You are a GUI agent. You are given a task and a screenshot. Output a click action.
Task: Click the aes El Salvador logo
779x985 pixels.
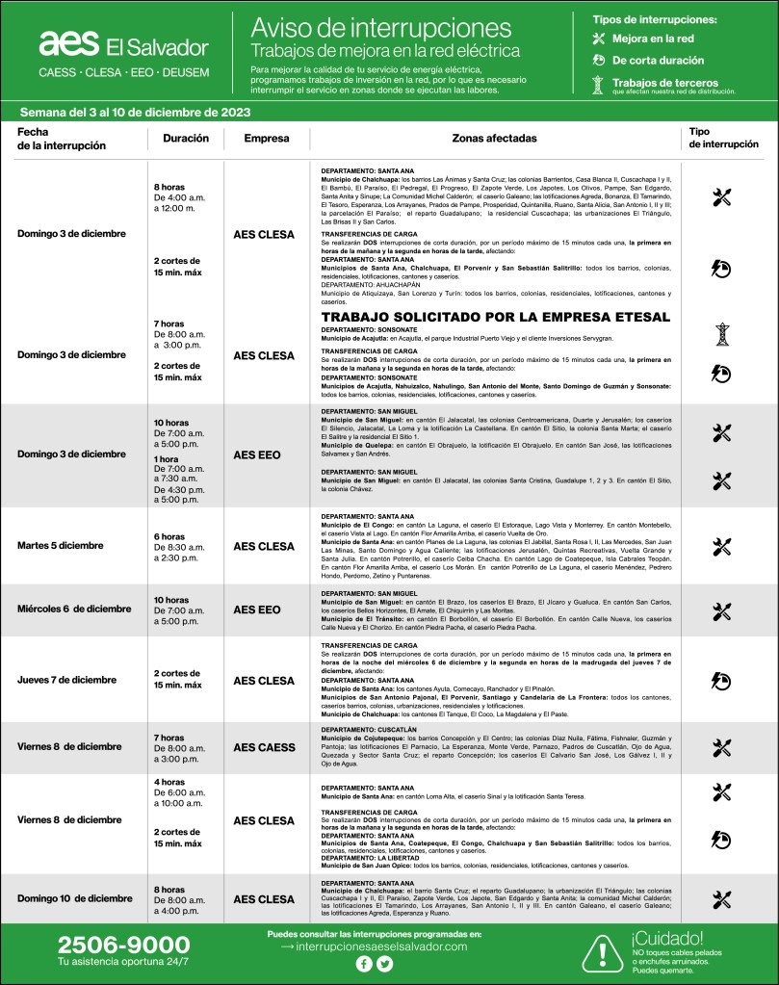(123, 45)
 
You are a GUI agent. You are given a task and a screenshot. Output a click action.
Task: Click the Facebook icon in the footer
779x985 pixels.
(364, 964)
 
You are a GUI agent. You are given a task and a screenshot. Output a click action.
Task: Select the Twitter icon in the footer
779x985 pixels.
(385, 964)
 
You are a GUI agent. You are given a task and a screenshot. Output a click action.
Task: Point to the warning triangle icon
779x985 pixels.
(602, 950)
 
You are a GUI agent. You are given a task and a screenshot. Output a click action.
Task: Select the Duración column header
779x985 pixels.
(186, 138)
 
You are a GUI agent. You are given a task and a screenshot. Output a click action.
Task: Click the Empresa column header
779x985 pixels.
(267, 138)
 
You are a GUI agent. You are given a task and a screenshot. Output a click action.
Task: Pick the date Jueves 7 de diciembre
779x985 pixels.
(68, 680)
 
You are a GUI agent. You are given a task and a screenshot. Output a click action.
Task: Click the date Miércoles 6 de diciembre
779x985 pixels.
(74, 609)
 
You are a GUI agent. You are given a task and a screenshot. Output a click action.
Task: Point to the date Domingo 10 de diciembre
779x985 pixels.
(75, 898)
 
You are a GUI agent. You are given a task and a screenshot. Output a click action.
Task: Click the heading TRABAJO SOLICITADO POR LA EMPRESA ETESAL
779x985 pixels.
(495, 317)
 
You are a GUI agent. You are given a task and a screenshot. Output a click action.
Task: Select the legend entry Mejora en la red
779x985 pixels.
(652, 39)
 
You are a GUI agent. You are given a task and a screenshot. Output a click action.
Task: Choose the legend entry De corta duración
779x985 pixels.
(658, 61)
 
